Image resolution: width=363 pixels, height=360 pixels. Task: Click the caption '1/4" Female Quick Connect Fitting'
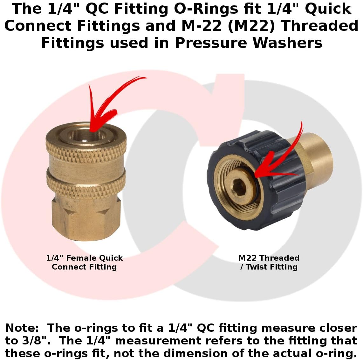[x=84, y=262]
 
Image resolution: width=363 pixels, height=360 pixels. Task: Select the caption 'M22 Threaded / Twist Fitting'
[x=269, y=262]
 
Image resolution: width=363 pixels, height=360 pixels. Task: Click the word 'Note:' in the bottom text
[x=22, y=328]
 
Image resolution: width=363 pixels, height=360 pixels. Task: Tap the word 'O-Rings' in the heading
[x=206, y=9]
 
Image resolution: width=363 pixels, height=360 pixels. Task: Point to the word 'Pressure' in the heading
[x=211, y=43]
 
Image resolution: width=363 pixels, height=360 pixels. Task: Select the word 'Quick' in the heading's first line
[x=328, y=9]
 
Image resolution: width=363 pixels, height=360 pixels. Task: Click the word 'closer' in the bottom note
[x=338, y=328]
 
